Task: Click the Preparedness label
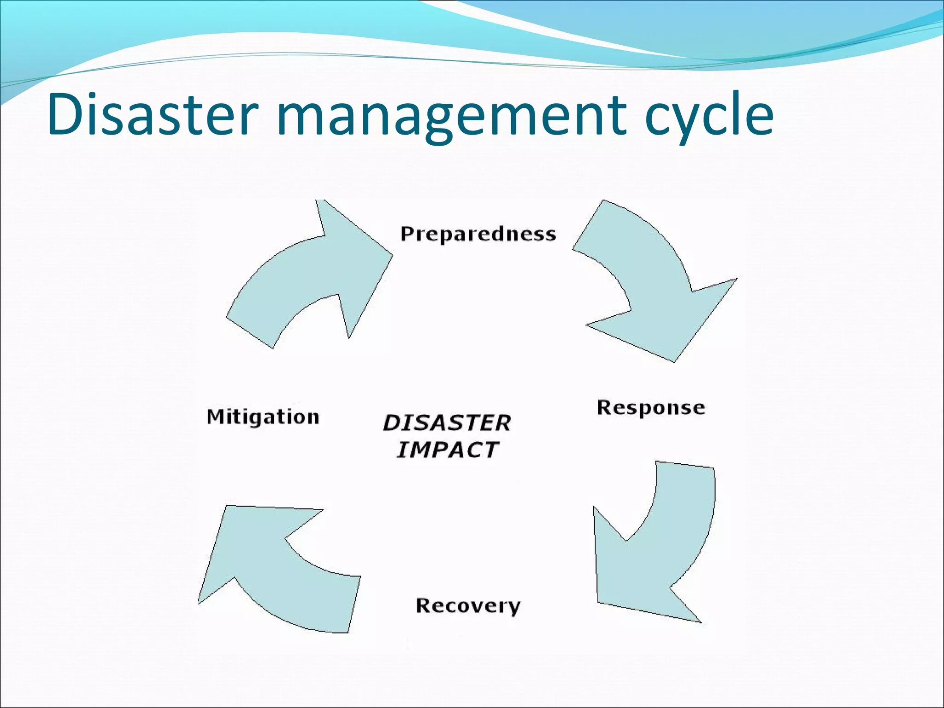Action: [x=478, y=234]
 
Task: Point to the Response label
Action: [x=651, y=408]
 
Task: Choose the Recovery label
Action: [x=468, y=606]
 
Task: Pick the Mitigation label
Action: [x=263, y=417]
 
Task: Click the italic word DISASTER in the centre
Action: [x=447, y=423]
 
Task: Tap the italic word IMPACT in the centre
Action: [x=447, y=450]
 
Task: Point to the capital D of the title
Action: [x=65, y=114]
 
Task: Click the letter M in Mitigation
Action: [x=216, y=417]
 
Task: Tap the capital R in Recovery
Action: [x=424, y=605]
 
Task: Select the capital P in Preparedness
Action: [x=407, y=234]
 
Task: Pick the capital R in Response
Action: [x=605, y=407]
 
